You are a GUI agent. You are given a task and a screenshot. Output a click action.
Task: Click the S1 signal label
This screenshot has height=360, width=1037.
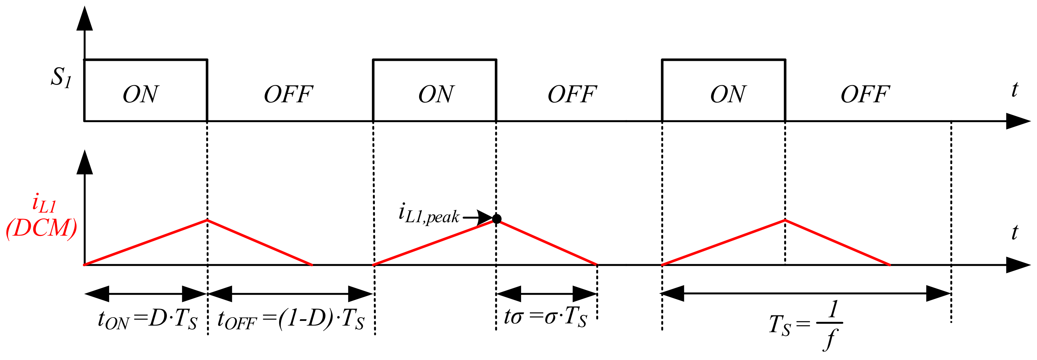click(61, 77)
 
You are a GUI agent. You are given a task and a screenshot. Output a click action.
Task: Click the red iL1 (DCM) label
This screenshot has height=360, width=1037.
click(41, 218)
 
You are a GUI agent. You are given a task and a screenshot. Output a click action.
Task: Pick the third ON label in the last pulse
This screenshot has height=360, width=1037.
click(728, 95)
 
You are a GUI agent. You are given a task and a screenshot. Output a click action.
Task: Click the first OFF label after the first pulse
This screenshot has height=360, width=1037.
click(288, 95)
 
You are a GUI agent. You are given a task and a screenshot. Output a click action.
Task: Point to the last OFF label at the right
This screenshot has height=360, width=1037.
click(865, 95)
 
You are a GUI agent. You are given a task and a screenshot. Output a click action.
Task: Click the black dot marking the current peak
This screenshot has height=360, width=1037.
click(497, 219)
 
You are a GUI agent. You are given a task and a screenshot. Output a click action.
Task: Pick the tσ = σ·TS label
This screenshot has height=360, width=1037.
click(545, 316)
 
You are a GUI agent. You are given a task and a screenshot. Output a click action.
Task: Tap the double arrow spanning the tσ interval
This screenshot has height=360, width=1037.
click(547, 294)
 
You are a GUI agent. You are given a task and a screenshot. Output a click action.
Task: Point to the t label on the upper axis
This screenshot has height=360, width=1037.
click(1015, 89)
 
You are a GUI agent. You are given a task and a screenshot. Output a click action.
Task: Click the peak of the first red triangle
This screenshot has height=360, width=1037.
click(207, 220)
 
